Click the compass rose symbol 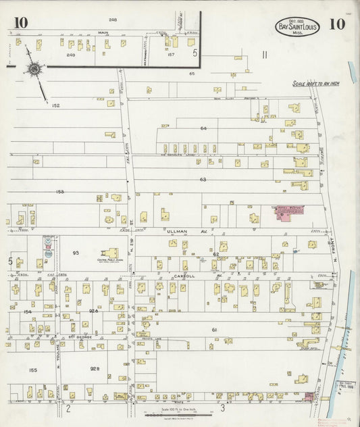pos(32,68)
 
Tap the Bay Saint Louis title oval pos(297,27)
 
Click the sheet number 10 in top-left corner pos(20,23)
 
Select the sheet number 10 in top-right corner pos(337,24)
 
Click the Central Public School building pos(109,253)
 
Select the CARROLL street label pos(184,276)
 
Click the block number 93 pos(76,253)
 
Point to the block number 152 pos(55,105)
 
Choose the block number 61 pos(214,329)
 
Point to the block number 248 pos(113,20)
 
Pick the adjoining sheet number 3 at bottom pos(222,407)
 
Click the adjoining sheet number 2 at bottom pos(68,408)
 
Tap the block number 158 pos(59,192)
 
